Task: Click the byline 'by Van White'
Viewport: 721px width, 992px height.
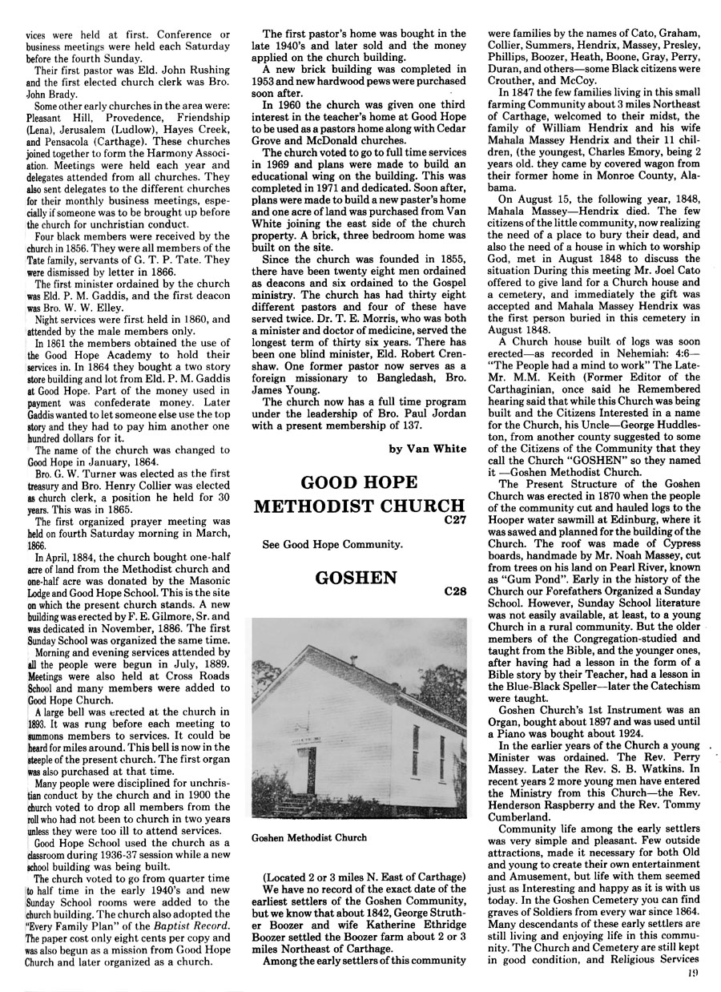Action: tap(427, 449)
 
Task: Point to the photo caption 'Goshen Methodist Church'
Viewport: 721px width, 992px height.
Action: tap(308, 838)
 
